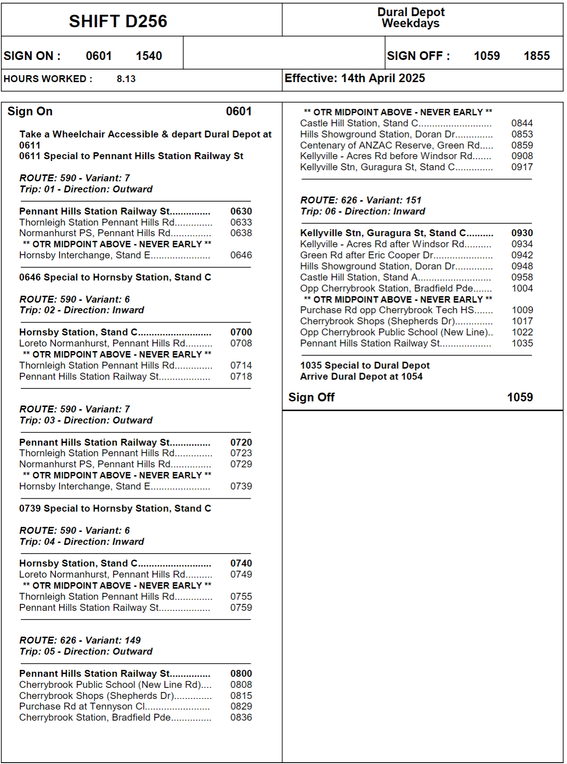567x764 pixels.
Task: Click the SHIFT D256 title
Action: coord(118,21)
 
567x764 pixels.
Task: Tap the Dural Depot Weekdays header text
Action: coord(411,18)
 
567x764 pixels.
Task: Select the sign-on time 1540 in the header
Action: coord(149,56)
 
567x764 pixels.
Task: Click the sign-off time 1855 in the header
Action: coord(536,56)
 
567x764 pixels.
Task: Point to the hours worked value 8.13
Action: coord(126,79)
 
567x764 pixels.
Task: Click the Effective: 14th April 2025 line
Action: coord(354,78)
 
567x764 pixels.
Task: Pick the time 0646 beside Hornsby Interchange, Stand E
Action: coord(241,255)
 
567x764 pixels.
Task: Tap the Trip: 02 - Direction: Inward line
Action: coord(82,310)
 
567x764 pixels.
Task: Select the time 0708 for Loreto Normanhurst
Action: coord(241,343)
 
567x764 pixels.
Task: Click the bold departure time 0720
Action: coord(241,442)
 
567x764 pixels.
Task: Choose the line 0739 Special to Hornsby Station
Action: coord(115,508)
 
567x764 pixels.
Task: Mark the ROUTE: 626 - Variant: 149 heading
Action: coord(80,640)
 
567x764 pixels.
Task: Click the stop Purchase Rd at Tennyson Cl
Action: coord(82,706)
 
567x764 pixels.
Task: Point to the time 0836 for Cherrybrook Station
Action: coord(241,717)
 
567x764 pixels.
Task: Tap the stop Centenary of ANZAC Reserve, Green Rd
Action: coord(390,145)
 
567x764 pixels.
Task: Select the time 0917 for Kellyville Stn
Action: coord(522,167)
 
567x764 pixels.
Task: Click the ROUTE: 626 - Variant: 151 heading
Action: coord(361,200)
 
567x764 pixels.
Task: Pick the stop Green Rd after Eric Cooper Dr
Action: coord(367,255)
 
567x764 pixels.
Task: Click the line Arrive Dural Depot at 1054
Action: coord(361,376)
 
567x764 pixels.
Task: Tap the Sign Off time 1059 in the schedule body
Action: coord(519,397)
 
